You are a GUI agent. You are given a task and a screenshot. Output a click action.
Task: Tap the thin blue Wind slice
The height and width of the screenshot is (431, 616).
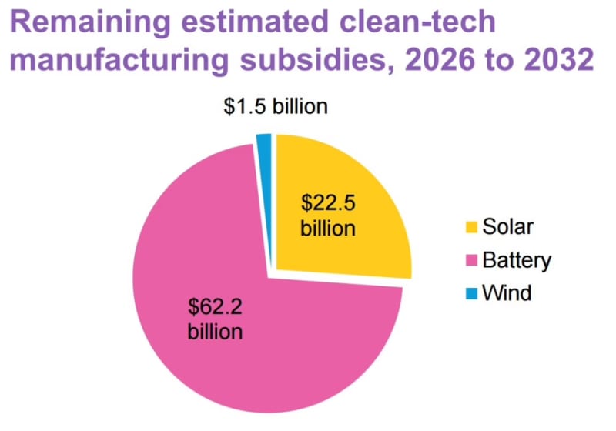click(264, 143)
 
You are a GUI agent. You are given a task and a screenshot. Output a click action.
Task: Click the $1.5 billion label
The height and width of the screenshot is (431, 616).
click(276, 106)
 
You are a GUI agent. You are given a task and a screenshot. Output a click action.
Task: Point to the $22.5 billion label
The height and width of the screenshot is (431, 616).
click(329, 216)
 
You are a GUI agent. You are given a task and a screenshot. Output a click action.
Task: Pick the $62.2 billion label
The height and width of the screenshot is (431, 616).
click(216, 319)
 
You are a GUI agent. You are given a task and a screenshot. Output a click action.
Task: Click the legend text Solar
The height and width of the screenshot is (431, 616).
click(507, 227)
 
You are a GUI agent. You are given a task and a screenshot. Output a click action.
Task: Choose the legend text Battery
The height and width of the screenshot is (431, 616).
click(517, 260)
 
